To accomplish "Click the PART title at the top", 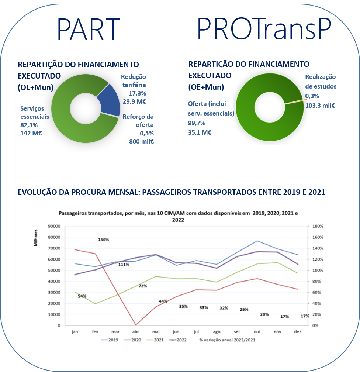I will pos(89,29).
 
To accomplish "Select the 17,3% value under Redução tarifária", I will pos(137,93).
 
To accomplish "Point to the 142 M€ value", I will pos(31,133).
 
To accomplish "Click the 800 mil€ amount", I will pos(141,141).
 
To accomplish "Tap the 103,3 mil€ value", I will pos(320,105).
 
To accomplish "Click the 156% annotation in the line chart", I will pos(104,240).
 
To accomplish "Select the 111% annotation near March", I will pos(124,264).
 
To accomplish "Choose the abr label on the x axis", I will pos(136,332).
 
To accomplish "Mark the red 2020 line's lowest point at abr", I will pos(136,325).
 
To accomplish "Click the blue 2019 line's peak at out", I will pos(257,241).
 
